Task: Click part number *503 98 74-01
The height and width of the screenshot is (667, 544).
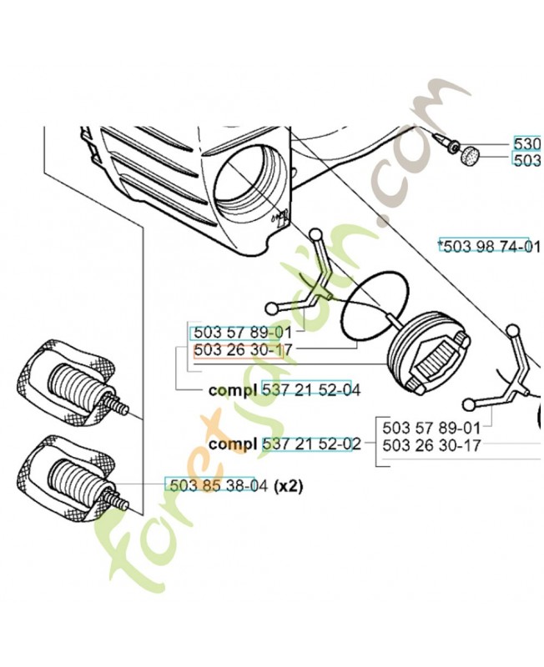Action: [x=491, y=246]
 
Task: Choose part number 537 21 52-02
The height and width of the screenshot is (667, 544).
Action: [x=311, y=444]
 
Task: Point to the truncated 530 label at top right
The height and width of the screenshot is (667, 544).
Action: [x=527, y=143]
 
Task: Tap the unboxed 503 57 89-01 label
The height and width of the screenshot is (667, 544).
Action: [x=431, y=427]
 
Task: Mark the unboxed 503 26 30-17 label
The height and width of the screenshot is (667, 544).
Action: [x=431, y=445]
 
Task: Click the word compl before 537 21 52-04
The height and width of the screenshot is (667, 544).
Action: [x=233, y=389]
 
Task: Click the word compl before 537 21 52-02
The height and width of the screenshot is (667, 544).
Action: [x=233, y=444]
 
